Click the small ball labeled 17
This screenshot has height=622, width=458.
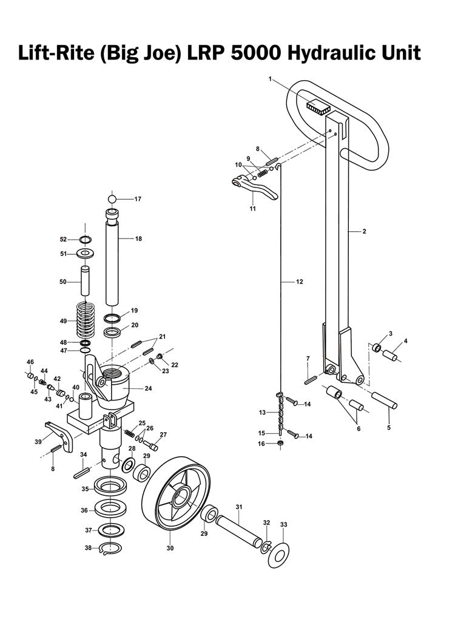click(112, 199)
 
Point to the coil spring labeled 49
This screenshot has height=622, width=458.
click(90, 320)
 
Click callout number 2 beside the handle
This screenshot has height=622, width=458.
click(364, 231)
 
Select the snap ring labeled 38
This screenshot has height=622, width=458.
click(110, 549)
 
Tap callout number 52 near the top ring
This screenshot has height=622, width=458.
click(72, 239)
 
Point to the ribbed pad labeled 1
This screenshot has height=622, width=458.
click(318, 107)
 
